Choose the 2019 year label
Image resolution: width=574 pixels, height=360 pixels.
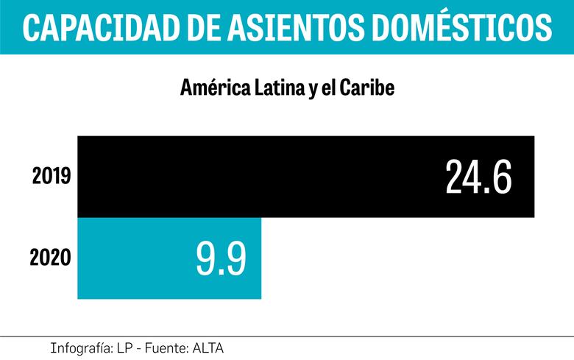pyautogui.click(x=51, y=177)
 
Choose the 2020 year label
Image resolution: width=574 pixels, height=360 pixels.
pyautogui.click(x=50, y=258)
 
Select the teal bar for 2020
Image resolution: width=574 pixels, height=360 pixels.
pyautogui.click(x=132, y=258)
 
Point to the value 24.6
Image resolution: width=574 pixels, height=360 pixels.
pyautogui.click(x=478, y=177)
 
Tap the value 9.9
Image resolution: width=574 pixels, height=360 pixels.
pyautogui.click(x=221, y=258)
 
